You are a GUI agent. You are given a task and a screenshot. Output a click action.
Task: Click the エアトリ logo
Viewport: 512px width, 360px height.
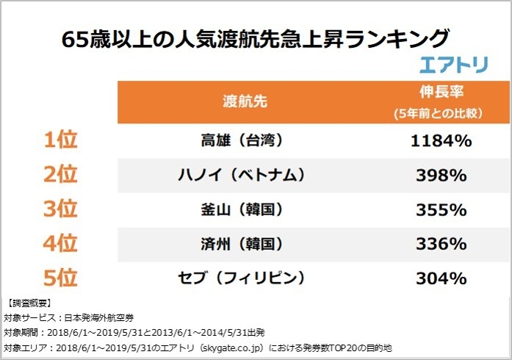(453, 64)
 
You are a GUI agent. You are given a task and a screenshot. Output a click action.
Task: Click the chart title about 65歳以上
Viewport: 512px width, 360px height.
(255, 37)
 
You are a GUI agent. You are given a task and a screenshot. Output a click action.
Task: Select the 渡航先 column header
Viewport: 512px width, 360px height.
(245, 102)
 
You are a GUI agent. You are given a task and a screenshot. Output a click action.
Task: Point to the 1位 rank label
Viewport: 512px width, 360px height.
(60, 140)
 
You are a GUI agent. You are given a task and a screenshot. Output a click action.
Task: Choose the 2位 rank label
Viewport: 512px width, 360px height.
(60, 175)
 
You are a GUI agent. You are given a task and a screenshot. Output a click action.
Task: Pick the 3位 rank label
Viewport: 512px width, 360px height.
(60, 209)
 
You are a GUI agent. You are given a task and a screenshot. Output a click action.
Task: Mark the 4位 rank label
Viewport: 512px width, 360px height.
(60, 243)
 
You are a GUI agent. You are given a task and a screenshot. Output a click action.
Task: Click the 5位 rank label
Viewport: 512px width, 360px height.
(60, 278)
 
